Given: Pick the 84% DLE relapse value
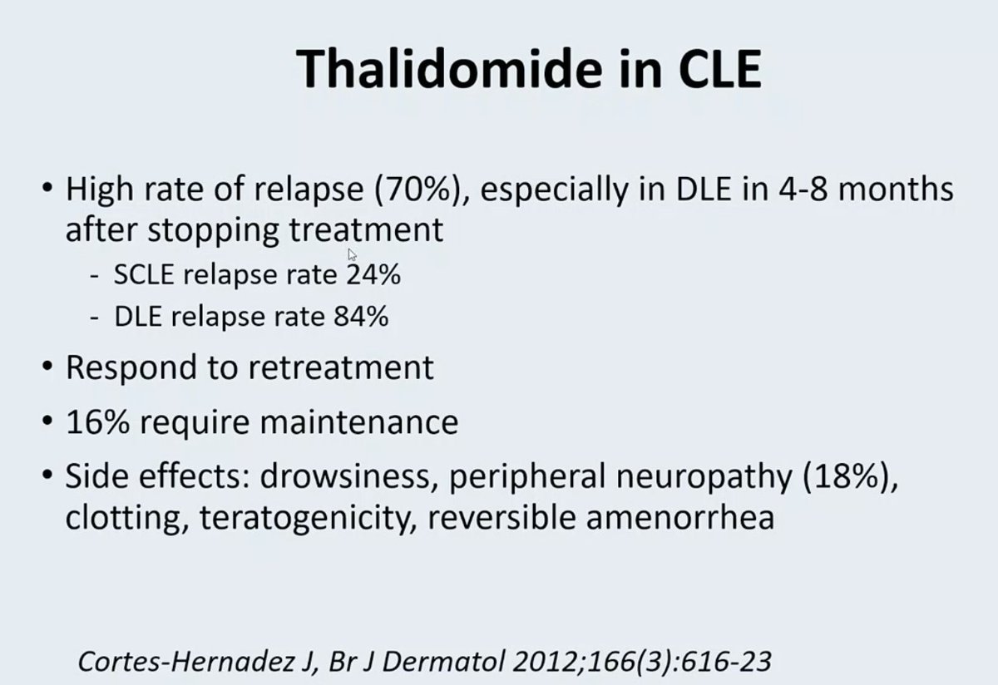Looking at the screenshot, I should coord(360,317).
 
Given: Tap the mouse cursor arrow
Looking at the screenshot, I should coord(353,254).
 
